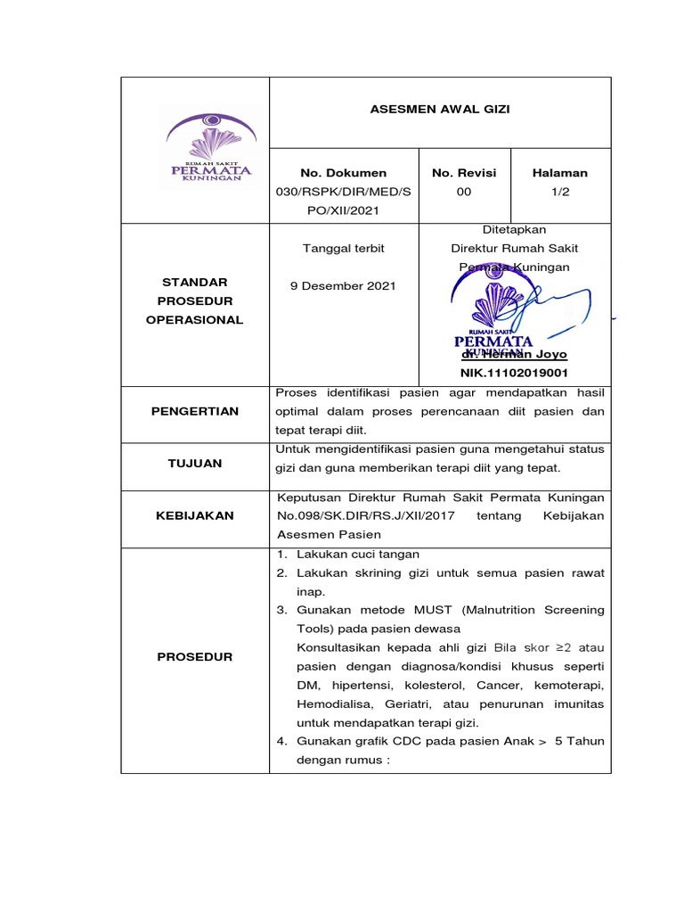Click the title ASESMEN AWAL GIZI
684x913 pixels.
[440, 111]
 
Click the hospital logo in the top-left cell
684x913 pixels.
[210, 147]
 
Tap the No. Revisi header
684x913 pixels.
[463, 173]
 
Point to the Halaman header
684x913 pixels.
[559, 173]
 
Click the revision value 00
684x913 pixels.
[464, 192]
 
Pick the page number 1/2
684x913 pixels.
[560, 192]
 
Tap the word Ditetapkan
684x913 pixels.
[513, 229]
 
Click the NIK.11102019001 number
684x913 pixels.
[513, 373]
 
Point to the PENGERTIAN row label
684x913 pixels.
[194, 411]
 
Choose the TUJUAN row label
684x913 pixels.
[194, 464]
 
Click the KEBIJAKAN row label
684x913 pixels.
[194, 515]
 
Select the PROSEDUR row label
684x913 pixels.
[194, 656]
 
